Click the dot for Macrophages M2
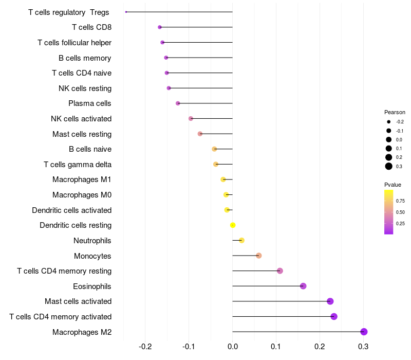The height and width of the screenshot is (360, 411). (364, 332)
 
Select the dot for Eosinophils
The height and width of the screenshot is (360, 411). (303, 286)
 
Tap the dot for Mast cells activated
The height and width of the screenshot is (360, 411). (330, 301)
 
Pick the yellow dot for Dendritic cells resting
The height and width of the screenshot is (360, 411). (233, 225)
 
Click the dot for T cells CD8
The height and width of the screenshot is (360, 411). (160, 27)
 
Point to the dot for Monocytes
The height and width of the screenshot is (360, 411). (259, 256)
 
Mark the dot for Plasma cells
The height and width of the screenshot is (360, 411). (178, 103)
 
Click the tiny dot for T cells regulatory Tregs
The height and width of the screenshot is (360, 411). (126, 12)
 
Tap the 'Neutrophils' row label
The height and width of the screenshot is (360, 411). (92, 241)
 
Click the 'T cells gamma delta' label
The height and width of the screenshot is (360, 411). (78, 165)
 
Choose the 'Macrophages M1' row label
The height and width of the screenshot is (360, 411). (82, 179)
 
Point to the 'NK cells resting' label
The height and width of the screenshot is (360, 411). (85, 88)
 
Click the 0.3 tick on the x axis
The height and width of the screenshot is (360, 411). (363, 346)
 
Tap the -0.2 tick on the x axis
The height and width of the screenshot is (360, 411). (145, 346)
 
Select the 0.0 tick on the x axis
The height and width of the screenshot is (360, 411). (233, 346)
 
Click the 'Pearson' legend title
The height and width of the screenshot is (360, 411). (395, 112)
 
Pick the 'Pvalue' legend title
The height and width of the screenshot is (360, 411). (393, 185)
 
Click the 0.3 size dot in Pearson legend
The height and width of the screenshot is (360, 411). (389, 166)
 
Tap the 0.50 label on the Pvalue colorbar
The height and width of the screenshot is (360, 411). (400, 212)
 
